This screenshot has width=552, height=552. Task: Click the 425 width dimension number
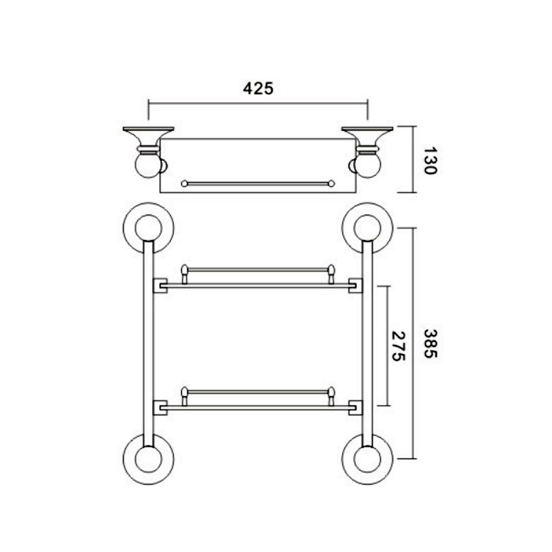[x=258, y=88]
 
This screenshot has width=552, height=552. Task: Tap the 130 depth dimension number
[x=430, y=161]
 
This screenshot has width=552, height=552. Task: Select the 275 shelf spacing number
[x=399, y=346]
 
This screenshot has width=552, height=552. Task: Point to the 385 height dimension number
[x=430, y=344]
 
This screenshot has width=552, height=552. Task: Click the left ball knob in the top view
[x=148, y=166]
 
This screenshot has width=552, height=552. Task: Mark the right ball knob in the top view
[x=368, y=166]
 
